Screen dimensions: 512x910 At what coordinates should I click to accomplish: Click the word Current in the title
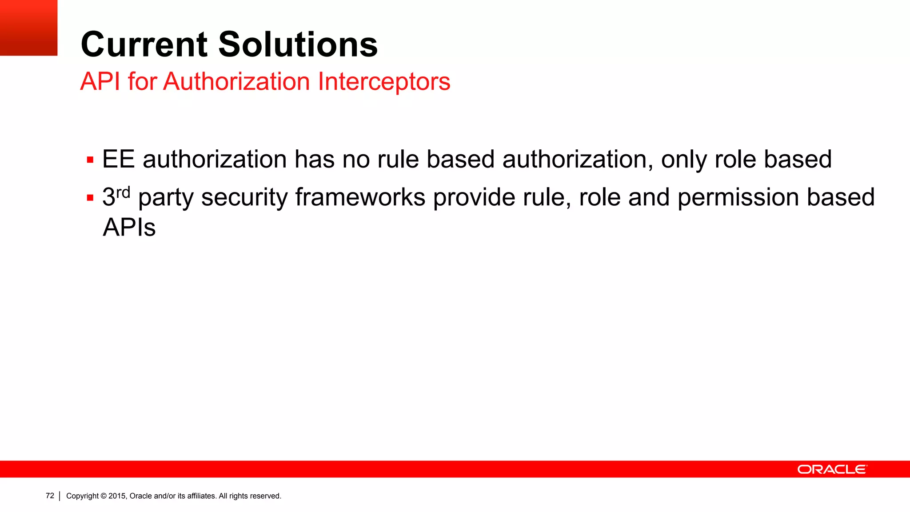click(144, 44)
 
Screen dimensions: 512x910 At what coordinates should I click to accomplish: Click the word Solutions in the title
click(298, 44)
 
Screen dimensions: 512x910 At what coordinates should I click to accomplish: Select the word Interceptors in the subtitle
click(384, 82)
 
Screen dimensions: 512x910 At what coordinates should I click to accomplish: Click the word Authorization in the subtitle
click(236, 82)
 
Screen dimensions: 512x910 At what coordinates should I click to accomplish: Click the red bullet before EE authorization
click(90, 160)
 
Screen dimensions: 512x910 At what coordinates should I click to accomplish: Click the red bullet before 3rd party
click(90, 198)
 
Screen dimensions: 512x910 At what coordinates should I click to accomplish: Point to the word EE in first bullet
click(118, 159)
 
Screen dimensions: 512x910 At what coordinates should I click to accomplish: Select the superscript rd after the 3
click(123, 192)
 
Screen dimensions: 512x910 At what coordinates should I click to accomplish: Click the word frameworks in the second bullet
click(360, 197)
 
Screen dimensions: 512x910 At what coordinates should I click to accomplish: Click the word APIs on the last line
click(129, 227)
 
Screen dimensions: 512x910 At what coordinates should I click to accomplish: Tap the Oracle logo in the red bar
click(832, 469)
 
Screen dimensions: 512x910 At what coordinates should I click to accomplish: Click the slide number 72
click(50, 496)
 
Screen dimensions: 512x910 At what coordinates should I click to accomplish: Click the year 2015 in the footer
click(117, 496)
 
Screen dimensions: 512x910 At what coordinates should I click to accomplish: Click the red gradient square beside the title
click(28, 28)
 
